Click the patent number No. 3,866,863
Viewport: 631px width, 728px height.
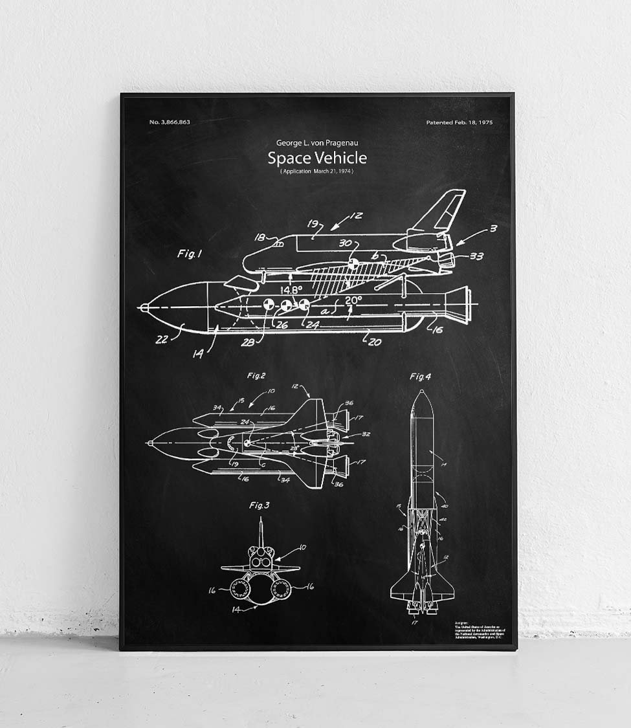click(170, 122)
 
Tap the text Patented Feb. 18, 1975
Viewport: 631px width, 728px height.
click(459, 122)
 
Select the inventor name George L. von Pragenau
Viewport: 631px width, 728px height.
click(316, 143)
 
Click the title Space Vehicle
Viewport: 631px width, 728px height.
click(317, 158)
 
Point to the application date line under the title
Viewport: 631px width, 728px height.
click(317, 171)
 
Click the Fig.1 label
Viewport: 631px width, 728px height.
click(190, 254)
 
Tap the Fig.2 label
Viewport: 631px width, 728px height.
click(256, 375)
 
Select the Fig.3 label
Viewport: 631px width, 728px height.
click(260, 505)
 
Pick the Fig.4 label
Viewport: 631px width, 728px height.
click(421, 377)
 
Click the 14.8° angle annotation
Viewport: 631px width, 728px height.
click(292, 291)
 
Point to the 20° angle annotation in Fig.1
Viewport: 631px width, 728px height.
click(353, 300)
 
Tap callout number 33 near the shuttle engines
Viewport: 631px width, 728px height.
click(476, 256)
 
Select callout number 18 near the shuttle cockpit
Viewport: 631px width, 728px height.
click(260, 237)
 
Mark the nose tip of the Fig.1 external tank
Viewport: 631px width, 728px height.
click(141, 308)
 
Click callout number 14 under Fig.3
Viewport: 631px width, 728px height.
click(238, 610)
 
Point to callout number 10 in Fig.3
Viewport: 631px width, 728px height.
click(302, 548)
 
